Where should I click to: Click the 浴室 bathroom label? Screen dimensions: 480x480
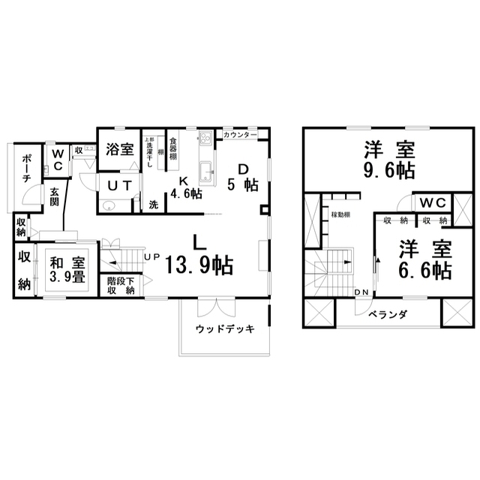[x=120, y=149]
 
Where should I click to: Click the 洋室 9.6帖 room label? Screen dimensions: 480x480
[x=389, y=159]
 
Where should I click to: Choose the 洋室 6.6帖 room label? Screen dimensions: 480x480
[x=424, y=259]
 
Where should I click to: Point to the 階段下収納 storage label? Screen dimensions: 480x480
[x=121, y=286]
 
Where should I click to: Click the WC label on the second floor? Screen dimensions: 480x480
[x=431, y=202]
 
